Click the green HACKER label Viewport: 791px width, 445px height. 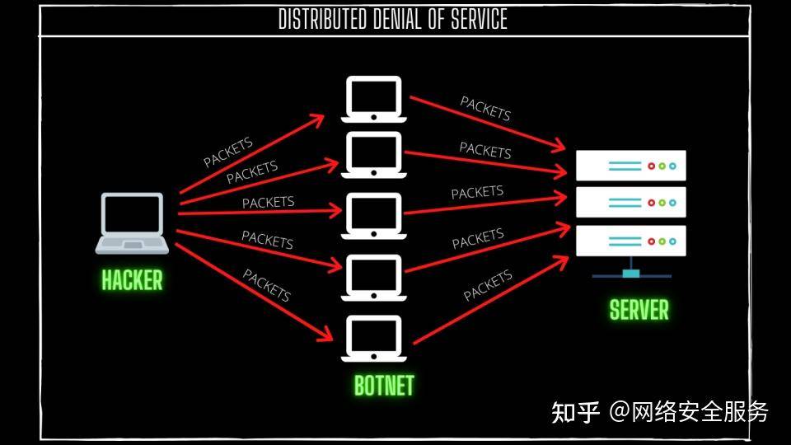(132, 280)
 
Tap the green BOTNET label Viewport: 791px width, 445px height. (384, 386)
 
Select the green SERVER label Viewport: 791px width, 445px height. (639, 309)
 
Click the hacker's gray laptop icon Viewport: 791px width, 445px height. (132, 223)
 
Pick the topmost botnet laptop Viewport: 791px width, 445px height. (374, 100)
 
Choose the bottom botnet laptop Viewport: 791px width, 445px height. (374, 339)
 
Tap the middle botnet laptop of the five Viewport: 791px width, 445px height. (374, 215)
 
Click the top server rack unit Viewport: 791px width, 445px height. (631, 166)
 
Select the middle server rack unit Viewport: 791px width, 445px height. (631, 203)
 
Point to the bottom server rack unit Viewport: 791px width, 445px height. (631, 241)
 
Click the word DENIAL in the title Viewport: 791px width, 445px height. (396, 20)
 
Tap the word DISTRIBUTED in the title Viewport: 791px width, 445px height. (322, 20)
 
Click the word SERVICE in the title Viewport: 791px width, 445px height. (479, 20)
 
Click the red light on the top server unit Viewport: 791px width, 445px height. (651, 166)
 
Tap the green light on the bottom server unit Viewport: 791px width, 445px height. (662, 241)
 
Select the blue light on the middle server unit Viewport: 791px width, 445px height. (672, 203)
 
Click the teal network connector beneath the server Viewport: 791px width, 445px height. (631, 273)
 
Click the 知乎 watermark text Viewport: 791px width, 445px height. (576, 412)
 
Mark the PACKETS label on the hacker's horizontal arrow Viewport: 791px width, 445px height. (268, 203)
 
